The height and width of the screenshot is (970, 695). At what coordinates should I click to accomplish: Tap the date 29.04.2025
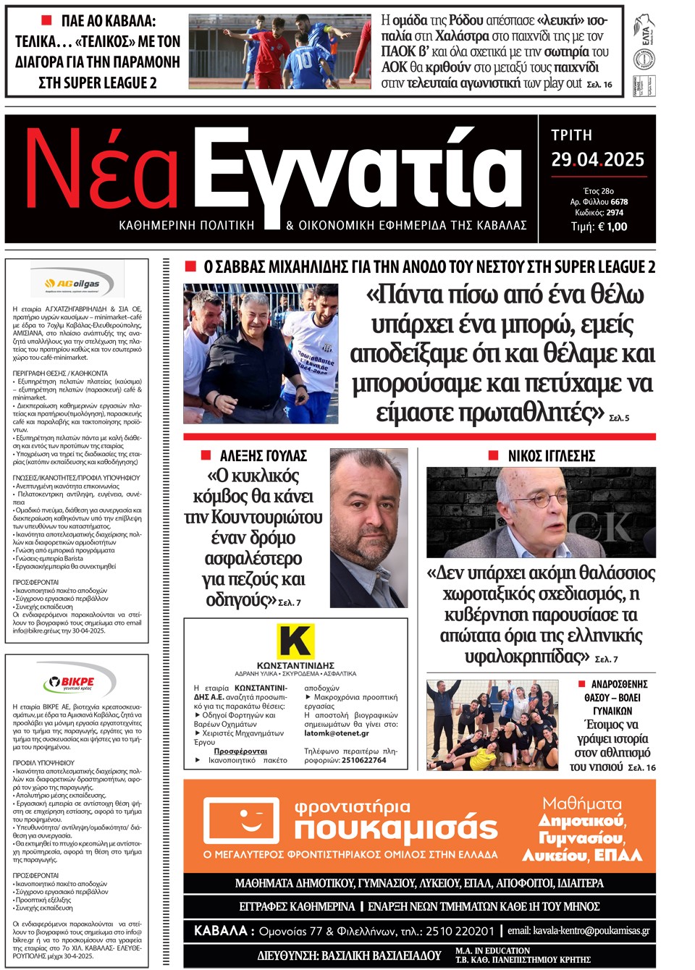tap(597, 160)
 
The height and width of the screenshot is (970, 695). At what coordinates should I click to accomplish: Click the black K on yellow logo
tap(295, 641)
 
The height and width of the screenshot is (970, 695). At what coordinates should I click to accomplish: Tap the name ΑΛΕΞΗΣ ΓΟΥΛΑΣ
tap(263, 455)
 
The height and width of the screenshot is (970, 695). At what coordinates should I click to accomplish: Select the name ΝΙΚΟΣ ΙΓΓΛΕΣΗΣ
tap(551, 455)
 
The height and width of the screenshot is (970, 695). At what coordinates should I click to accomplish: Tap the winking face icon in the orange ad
tap(242, 822)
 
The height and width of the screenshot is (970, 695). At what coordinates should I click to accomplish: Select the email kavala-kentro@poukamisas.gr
tap(578, 931)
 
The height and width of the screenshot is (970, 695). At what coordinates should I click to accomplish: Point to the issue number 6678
tap(619, 202)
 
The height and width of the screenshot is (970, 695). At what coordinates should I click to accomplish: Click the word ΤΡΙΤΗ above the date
tap(571, 135)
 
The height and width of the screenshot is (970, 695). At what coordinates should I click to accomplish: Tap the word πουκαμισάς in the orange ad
tap(396, 828)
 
